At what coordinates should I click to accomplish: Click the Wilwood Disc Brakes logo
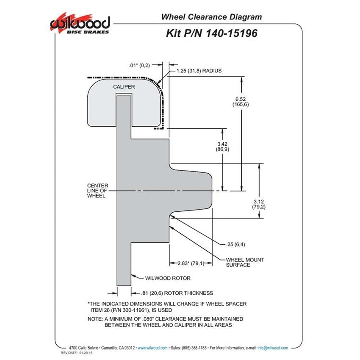click(x=80, y=23)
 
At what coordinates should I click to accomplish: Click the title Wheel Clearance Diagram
click(x=211, y=17)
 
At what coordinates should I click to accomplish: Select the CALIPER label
click(x=124, y=87)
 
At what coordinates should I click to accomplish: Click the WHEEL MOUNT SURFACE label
click(x=245, y=263)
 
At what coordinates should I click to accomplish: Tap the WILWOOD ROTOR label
click(x=168, y=278)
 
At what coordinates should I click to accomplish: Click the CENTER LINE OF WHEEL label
click(x=97, y=191)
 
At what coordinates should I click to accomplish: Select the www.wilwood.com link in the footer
click(x=152, y=348)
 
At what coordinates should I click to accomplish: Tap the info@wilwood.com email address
click(x=272, y=348)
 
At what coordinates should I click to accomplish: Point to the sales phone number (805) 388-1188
click(x=194, y=348)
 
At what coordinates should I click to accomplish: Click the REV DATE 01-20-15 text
click(x=77, y=353)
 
